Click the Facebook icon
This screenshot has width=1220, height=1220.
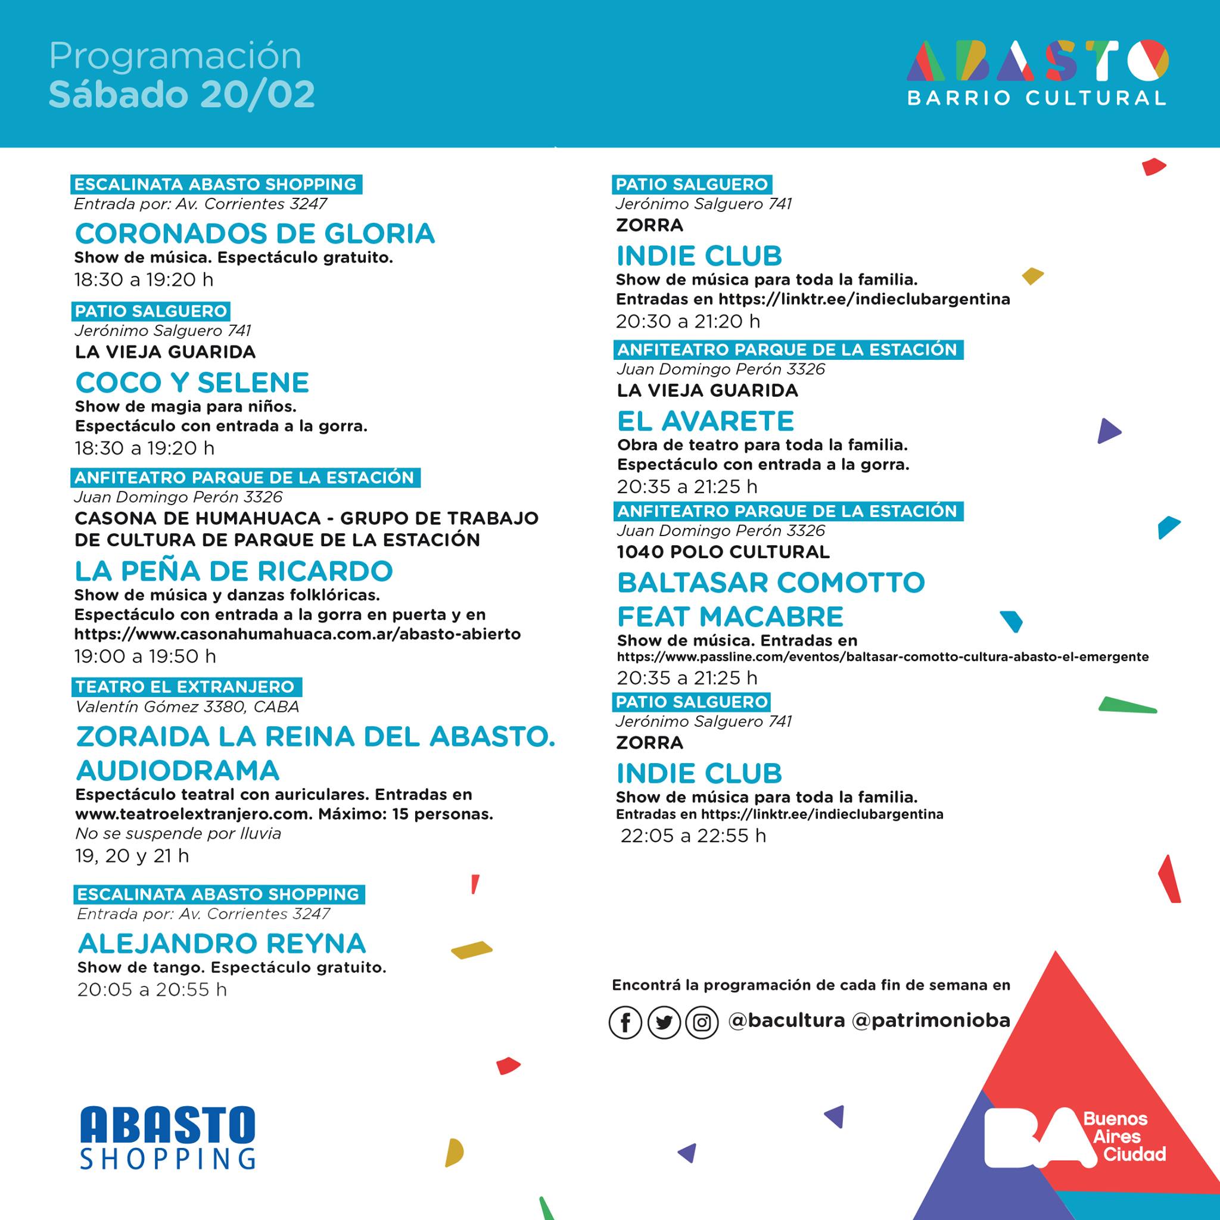pyautogui.click(x=625, y=1022)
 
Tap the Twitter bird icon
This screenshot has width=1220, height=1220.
pyautogui.click(x=664, y=1022)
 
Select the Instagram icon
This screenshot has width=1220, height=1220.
pyautogui.click(x=702, y=1022)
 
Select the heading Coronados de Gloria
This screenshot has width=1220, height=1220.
pyautogui.click(x=255, y=234)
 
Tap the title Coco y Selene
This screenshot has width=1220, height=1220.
pyautogui.click(x=192, y=382)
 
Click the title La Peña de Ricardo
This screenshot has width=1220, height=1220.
pyautogui.click(x=234, y=571)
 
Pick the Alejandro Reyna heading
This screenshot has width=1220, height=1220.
pyautogui.click(x=222, y=944)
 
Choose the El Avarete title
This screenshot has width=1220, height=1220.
pyautogui.click(x=705, y=421)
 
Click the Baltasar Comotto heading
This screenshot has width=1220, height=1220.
pyautogui.click(x=770, y=583)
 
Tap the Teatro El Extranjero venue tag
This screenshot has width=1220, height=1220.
pyautogui.click(x=185, y=686)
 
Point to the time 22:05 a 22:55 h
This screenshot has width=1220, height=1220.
pyautogui.click(x=693, y=835)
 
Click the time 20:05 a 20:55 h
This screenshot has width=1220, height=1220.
pyautogui.click(x=151, y=989)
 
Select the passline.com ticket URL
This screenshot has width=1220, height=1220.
pyautogui.click(x=882, y=656)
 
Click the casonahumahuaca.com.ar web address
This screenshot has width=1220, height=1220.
pyautogui.click(x=297, y=634)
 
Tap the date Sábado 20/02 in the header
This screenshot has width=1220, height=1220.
pyautogui.click(x=182, y=95)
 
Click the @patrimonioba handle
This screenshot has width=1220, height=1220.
pyautogui.click(x=931, y=1021)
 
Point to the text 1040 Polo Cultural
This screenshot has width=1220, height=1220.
pyautogui.click(x=723, y=552)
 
